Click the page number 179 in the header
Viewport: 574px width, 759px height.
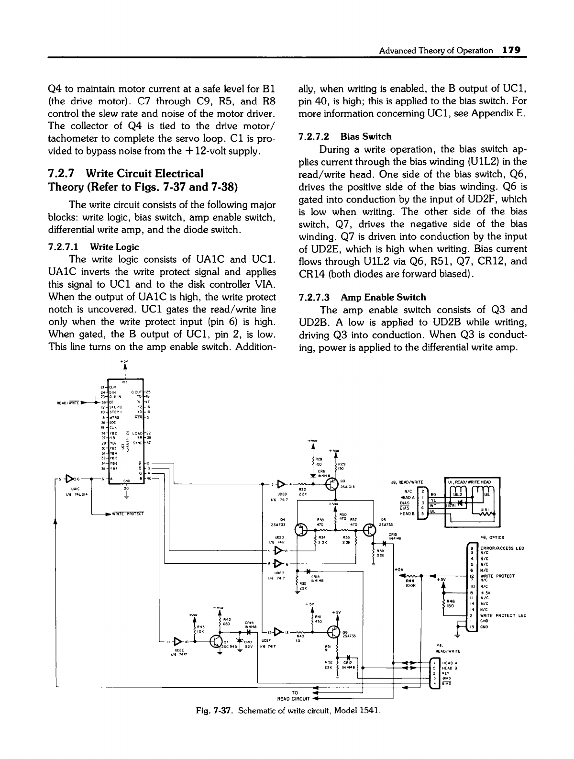(x=510, y=50)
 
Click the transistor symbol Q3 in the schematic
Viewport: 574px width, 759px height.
(x=331, y=484)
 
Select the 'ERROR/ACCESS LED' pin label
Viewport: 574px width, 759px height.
(x=502, y=547)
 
